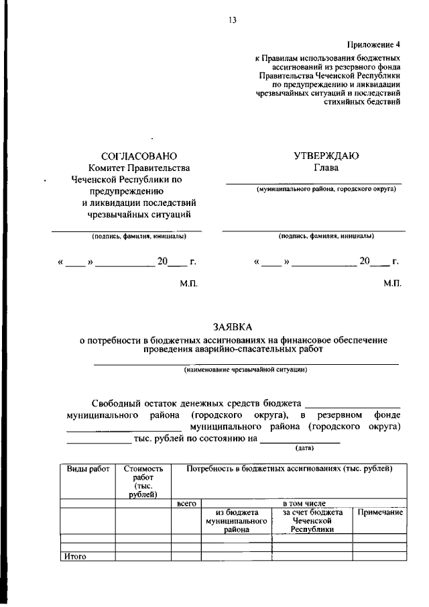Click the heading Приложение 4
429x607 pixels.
(x=378, y=45)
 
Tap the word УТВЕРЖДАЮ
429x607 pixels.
(x=326, y=156)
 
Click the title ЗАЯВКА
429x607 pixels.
(x=233, y=327)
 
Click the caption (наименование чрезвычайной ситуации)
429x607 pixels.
(x=246, y=370)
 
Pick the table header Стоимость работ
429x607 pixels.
(x=143, y=482)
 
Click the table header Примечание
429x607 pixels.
(x=379, y=512)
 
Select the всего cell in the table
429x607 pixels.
(x=186, y=502)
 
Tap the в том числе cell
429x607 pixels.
(x=303, y=502)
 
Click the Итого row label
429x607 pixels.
(x=75, y=556)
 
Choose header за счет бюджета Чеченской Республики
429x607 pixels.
(x=312, y=520)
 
